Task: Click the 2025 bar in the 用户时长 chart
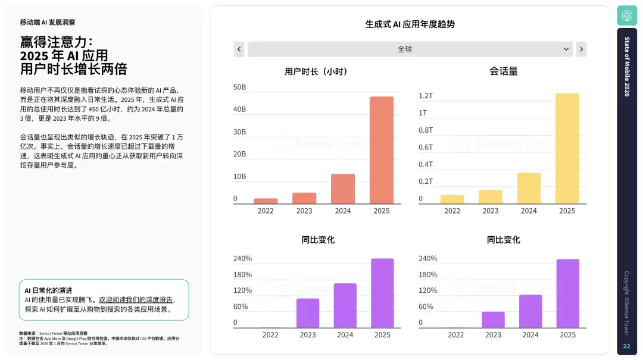(x=381, y=150)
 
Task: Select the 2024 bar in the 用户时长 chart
(x=343, y=189)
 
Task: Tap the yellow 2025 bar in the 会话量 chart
(x=567, y=148)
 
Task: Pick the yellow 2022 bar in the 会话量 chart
(x=452, y=199)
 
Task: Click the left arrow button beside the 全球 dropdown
(x=239, y=49)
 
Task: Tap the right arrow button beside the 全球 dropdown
(x=581, y=49)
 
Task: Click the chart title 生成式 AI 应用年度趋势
(x=410, y=24)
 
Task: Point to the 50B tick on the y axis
(x=239, y=87)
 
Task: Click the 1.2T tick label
(x=426, y=96)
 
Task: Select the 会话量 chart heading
(x=503, y=71)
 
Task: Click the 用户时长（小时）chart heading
(x=316, y=71)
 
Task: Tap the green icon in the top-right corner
(x=626, y=15)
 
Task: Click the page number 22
(x=626, y=346)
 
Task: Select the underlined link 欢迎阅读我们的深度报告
(x=136, y=300)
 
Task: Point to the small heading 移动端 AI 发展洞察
(x=48, y=22)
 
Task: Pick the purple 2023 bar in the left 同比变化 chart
(x=308, y=313)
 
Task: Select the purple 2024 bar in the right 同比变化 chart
(x=530, y=311)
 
